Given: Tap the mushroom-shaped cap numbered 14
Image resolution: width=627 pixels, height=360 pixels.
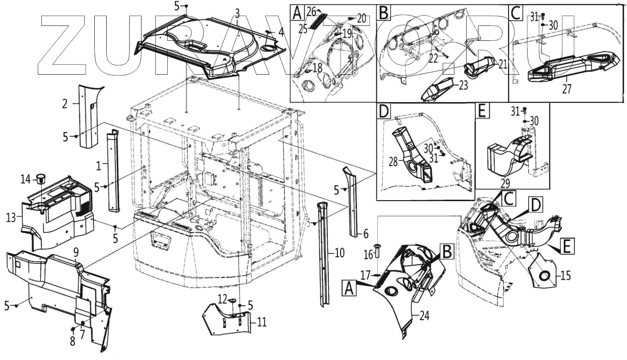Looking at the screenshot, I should coord(41,177).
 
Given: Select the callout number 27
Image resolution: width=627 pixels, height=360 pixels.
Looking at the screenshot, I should coord(567,89).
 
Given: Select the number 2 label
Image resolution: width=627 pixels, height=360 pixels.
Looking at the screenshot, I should coord(64,104).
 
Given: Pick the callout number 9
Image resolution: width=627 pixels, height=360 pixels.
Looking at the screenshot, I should coord(76,252).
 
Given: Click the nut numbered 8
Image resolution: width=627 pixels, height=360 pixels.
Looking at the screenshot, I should coord(72,329).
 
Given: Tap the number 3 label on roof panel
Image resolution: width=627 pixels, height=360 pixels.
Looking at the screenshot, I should coord(237,12).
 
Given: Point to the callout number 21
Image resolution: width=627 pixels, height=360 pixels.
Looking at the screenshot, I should coord(502,65).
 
